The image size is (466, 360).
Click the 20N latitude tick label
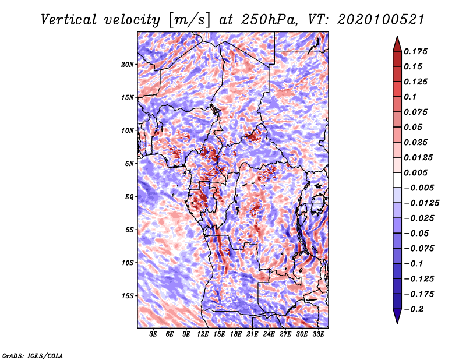[128, 65]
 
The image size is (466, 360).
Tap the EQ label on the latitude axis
[129, 197]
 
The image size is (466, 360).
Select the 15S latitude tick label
[128, 296]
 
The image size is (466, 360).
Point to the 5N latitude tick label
[129, 164]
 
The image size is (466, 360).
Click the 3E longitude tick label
[153, 334]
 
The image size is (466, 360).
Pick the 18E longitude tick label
[236, 334]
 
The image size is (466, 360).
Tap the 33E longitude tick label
[318, 334]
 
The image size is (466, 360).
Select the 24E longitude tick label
[269, 334]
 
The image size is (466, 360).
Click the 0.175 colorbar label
[415, 51]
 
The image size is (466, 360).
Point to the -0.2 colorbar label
[414, 309]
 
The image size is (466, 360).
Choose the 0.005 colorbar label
[415, 172]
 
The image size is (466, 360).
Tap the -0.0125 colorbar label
[421, 203]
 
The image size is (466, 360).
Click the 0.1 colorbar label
[410, 97]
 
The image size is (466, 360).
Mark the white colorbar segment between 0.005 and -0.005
[397, 180]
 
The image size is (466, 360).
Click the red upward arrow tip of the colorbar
[397, 37]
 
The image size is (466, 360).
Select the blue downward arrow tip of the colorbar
[397, 323]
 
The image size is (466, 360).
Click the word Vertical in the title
[69, 20]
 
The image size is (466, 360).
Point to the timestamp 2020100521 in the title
[381, 20]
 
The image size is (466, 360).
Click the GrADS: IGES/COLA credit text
[33, 355]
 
